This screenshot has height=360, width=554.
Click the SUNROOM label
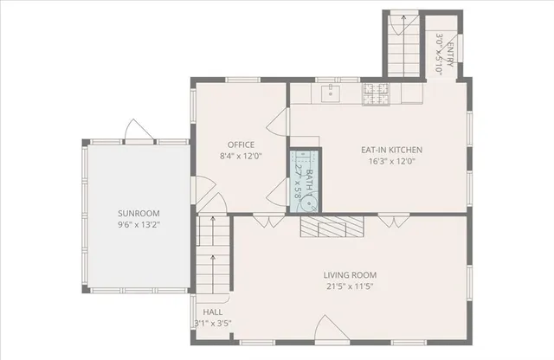(x=138, y=213)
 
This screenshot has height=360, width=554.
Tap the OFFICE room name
(x=240, y=145)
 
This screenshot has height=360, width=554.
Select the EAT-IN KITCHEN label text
(x=385, y=149)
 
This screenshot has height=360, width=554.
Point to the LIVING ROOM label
(x=350, y=275)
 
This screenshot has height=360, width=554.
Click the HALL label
(x=212, y=312)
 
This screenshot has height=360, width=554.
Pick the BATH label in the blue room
(x=309, y=185)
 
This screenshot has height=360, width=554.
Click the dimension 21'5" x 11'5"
(x=350, y=286)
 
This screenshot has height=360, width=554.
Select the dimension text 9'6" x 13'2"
(x=138, y=224)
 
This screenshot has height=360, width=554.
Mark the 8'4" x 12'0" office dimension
(x=240, y=156)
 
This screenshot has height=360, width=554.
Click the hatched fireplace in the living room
(x=332, y=227)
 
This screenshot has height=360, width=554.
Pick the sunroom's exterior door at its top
(x=138, y=131)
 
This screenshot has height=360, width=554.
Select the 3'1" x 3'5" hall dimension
(x=212, y=323)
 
